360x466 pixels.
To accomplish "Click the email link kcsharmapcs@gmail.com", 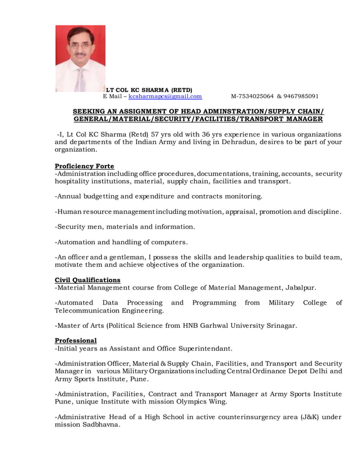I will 165,96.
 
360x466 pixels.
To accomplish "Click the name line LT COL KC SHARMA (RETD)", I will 149,90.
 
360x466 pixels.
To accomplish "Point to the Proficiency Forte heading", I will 84,166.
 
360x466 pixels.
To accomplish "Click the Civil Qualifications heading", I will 87,280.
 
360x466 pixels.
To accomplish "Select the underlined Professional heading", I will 76,340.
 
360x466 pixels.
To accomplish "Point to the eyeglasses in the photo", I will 80,46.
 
